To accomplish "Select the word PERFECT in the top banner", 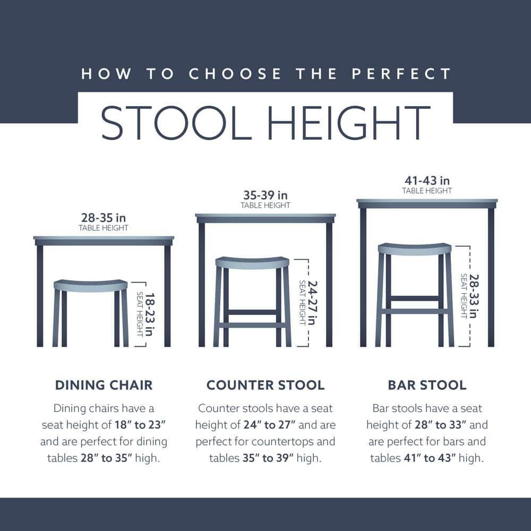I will pyautogui.click(x=403, y=73).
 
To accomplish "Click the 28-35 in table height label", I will pyautogui.click(x=104, y=218).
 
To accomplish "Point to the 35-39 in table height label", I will pyautogui.click(x=265, y=195).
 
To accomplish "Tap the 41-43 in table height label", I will pyautogui.click(x=427, y=181).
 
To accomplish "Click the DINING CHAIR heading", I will pyautogui.click(x=104, y=385).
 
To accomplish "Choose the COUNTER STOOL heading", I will pyautogui.click(x=265, y=385).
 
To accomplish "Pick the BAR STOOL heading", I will pyautogui.click(x=427, y=385).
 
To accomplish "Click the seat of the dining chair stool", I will pyautogui.click(x=91, y=285).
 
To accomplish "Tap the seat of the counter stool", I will pyautogui.click(x=252, y=262).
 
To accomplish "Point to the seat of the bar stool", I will pyautogui.click(x=415, y=249).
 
